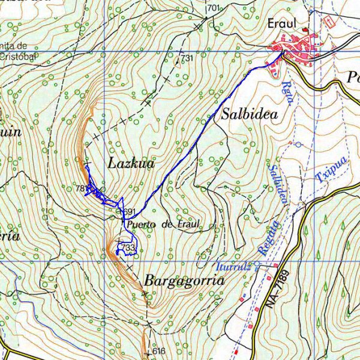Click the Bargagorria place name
(x=184, y=281)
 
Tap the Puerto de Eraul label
(x=161, y=224)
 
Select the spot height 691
(x=130, y=212)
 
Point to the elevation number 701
(x=214, y=8)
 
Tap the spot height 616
(x=158, y=351)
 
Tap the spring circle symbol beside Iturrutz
(x=256, y=263)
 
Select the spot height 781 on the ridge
(x=81, y=188)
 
